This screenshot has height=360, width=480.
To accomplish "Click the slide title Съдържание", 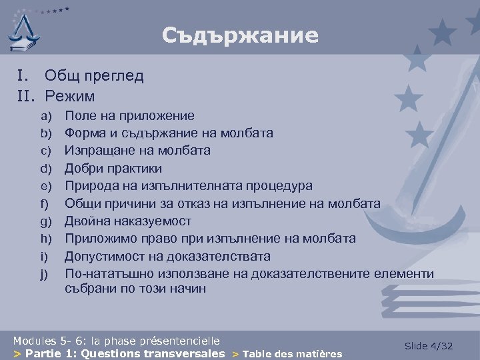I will (x=240, y=35).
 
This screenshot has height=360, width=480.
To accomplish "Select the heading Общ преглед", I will (x=94, y=76).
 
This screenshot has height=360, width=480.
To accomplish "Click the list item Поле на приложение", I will (x=129, y=116).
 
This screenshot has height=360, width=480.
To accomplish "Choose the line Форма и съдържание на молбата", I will (x=169, y=133).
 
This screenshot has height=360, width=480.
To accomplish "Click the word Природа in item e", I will (x=91, y=186).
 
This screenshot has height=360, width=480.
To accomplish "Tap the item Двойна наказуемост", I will (x=127, y=221).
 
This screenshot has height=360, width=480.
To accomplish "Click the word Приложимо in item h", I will (x=99, y=239).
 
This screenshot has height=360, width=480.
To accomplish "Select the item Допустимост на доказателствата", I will (x=167, y=256).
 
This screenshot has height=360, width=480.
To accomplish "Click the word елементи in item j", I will (x=405, y=273).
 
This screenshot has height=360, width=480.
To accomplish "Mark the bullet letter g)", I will (x=46, y=221).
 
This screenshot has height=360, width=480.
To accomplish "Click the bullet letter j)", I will (x=45, y=273).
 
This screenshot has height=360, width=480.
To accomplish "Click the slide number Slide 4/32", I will (x=429, y=346).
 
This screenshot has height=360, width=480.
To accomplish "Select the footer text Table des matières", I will (x=292, y=354).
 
